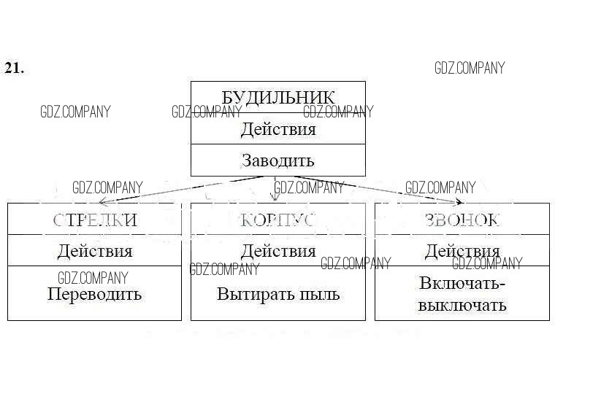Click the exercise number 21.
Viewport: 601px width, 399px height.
[x=14, y=68]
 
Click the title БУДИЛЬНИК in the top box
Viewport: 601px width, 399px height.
[x=277, y=97]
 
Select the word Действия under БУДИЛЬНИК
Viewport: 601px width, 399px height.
[x=277, y=129]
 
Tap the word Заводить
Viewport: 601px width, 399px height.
[x=277, y=160]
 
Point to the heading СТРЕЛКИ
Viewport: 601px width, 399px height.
[x=95, y=220]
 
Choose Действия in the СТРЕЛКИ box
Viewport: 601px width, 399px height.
[x=95, y=251]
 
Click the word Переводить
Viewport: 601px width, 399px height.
[x=95, y=295]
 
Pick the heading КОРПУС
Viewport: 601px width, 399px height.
[x=277, y=220]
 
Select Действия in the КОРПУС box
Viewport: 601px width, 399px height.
[x=277, y=251]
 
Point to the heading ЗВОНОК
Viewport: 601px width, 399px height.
[x=462, y=220]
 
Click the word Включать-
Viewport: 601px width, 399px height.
[x=462, y=284]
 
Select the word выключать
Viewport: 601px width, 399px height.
[x=462, y=304]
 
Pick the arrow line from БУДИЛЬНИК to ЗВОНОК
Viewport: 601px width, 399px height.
[x=372, y=187]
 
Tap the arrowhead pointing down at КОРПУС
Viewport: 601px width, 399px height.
[x=275, y=196]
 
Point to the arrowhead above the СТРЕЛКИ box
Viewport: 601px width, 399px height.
[x=103, y=201]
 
